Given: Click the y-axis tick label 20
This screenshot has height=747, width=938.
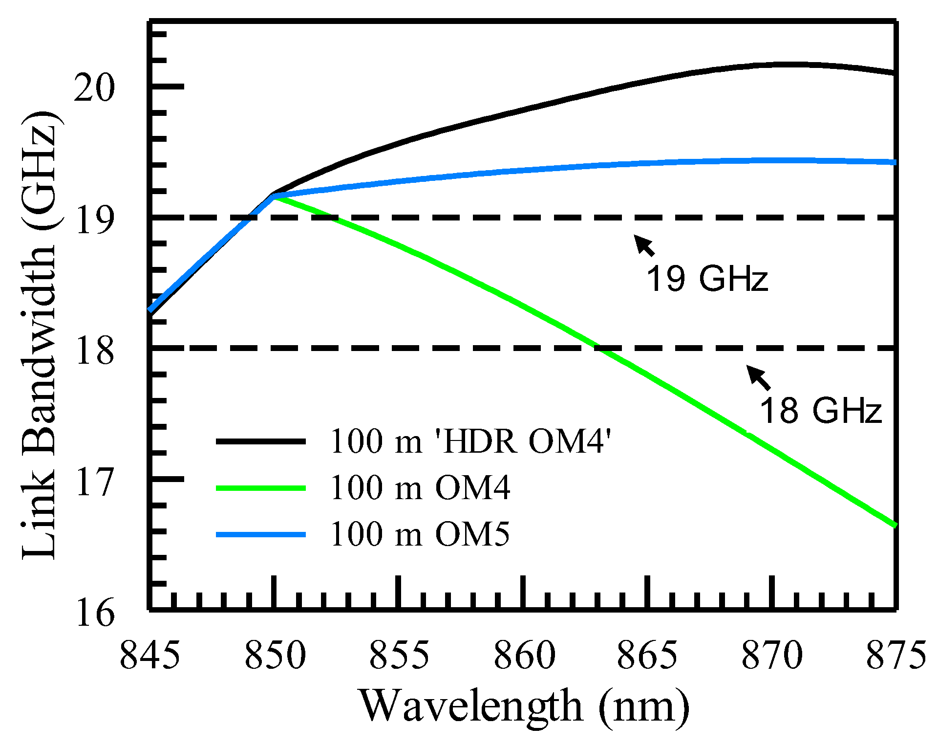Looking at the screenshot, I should [94, 88].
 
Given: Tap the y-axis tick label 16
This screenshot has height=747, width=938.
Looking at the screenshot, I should [94, 613].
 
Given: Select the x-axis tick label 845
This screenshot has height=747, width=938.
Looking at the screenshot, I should [149, 655].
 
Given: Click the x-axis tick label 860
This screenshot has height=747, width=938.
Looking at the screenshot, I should [524, 655].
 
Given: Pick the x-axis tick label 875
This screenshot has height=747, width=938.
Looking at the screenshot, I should [895, 655].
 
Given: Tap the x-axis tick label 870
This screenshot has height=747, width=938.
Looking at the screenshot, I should [772, 655].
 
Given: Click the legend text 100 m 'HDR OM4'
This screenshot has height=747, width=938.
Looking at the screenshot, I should [470, 441].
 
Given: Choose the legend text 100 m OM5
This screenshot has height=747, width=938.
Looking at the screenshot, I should [420, 534].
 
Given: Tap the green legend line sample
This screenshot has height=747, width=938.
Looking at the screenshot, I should [261, 488].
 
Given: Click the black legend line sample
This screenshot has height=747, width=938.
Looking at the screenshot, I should [261, 441].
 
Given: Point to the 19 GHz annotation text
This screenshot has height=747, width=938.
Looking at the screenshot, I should [707, 279].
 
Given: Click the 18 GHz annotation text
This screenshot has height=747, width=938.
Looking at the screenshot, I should [820, 410].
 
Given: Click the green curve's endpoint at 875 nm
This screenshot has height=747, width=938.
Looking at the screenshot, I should [895, 526].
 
